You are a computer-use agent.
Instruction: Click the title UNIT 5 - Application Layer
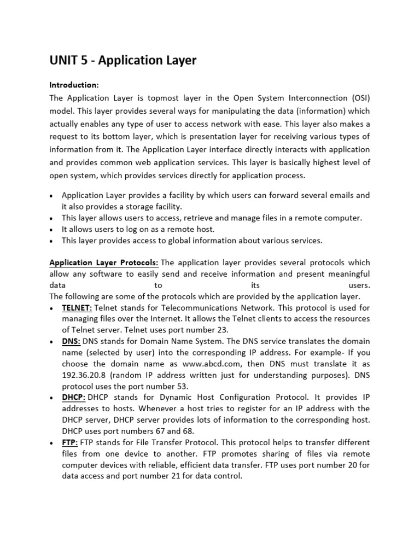point(123,60)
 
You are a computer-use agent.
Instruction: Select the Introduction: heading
point(74,85)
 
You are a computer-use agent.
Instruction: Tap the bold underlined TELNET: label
point(77,308)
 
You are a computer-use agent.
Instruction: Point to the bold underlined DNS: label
point(71,341)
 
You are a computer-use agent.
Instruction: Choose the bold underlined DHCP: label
point(73,397)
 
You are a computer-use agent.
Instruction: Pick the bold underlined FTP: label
point(70,442)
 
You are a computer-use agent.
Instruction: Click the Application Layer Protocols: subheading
point(104,263)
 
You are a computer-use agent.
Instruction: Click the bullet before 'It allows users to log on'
point(51,230)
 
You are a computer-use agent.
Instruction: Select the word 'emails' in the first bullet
point(332,195)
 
